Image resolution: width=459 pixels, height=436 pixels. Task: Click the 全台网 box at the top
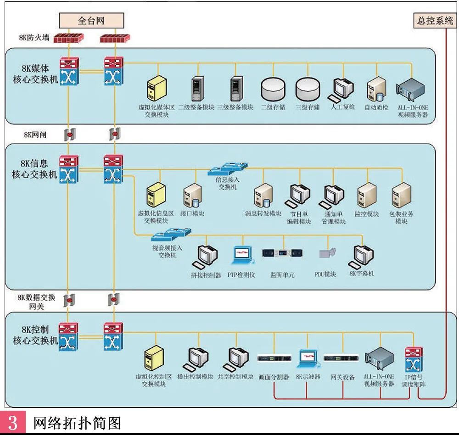(92, 21)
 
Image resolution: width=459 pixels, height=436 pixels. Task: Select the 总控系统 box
(435, 21)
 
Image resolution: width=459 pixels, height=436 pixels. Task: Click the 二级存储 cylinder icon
(273, 89)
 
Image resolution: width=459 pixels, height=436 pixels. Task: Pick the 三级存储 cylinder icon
(308, 89)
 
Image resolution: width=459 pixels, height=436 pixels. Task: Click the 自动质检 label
(376, 107)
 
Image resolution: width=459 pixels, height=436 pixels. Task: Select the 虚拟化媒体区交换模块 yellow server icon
(157, 89)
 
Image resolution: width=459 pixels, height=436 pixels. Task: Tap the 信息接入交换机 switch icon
(227, 169)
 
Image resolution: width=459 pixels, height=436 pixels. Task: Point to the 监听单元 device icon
(283, 253)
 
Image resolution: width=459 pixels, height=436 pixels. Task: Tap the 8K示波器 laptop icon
(308, 358)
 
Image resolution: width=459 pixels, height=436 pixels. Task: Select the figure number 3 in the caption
(12, 422)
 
